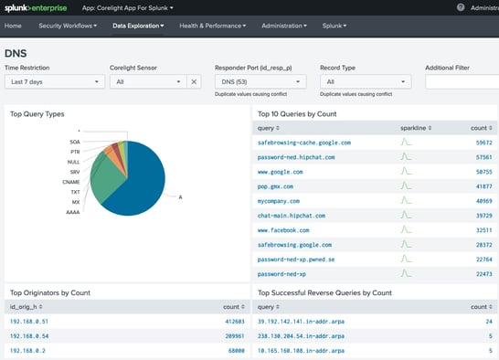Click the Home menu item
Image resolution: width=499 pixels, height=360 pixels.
[13, 26]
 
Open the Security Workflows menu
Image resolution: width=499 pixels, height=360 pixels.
[69, 26]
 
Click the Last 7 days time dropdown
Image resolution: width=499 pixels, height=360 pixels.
[54, 81]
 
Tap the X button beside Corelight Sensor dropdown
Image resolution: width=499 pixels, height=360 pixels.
[193, 81]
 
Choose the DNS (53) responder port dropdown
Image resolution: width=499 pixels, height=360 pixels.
[260, 81]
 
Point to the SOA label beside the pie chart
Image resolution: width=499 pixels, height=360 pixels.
[75, 143]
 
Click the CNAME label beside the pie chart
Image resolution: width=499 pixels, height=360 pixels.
[72, 182]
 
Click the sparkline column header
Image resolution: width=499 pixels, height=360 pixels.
[413, 129]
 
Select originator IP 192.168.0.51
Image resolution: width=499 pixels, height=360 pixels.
[29, 322]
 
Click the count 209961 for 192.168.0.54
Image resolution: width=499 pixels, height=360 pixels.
[230, 336]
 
